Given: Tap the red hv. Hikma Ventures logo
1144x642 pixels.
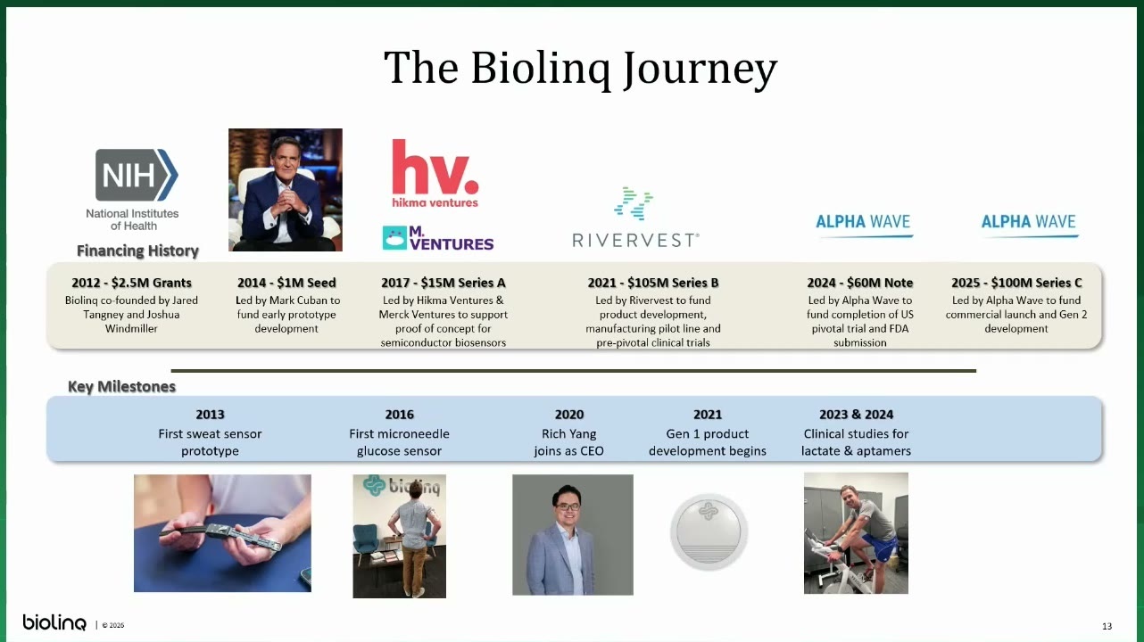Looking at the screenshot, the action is coord(435,174).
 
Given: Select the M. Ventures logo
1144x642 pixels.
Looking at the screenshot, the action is coord(437,238).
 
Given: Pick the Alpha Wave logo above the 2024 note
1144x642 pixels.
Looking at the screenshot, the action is coord(863,224).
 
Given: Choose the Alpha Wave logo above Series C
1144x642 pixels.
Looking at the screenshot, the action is coord(1029,224).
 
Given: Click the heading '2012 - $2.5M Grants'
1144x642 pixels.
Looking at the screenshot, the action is coord(131,283).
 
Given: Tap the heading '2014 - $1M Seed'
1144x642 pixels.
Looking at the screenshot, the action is coord(286,283).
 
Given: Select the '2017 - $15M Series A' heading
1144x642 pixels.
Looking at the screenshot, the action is coord(444,283).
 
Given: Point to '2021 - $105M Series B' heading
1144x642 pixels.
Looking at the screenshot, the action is coord(652,283).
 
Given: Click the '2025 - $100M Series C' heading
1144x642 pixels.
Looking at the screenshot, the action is coord(1016,283).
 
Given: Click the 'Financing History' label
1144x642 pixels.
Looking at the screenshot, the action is coord(137,251).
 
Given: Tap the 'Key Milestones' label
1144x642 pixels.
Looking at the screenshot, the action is coord(121,387).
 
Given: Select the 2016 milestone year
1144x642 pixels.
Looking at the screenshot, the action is coord(400,415).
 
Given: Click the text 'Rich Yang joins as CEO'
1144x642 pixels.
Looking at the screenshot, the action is coord(569,442).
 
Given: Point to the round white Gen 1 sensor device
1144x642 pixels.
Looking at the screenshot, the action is coord(709,531).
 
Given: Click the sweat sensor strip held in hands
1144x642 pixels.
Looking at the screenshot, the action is coord(221,536).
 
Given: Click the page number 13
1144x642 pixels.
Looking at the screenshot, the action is coord(1107,626).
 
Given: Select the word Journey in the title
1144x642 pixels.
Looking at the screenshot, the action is coord(700,69).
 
